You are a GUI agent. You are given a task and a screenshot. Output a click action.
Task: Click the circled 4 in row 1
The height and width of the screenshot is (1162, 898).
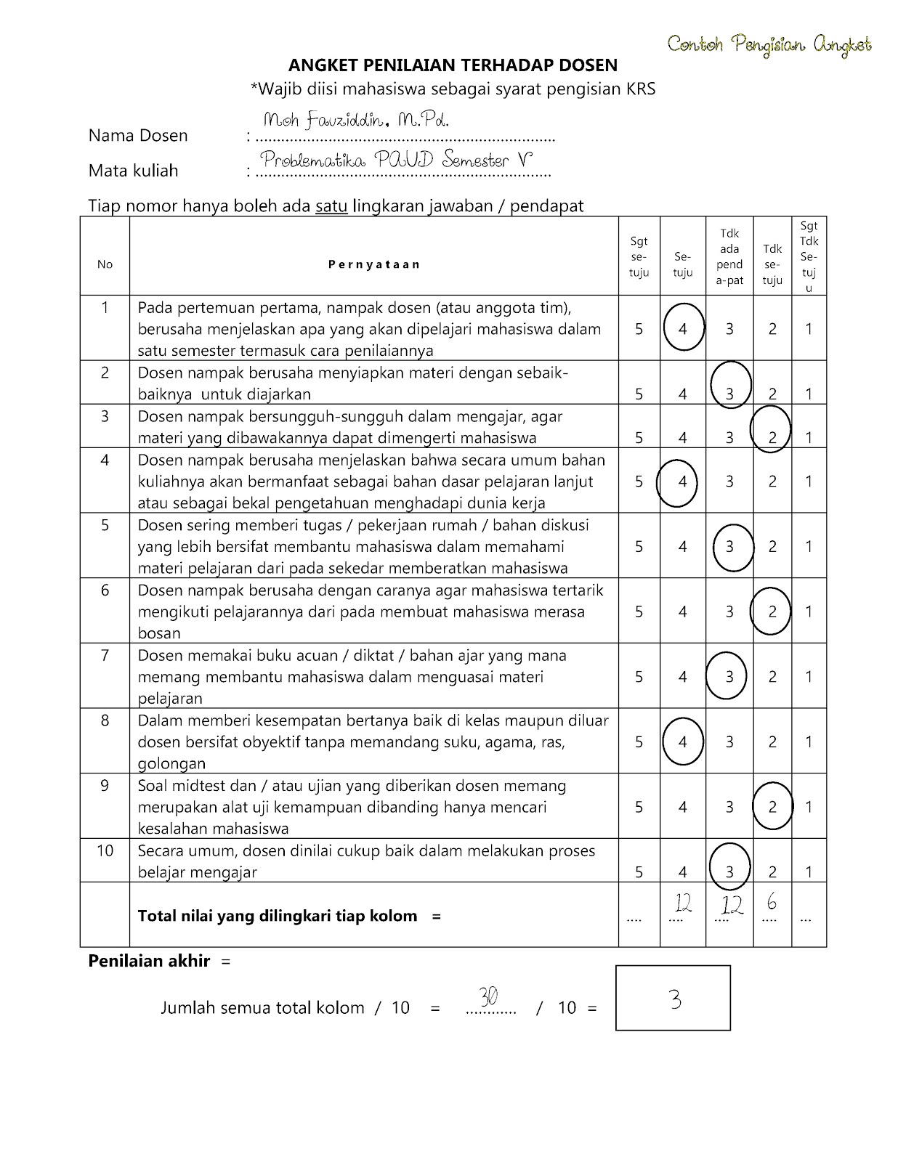(683, 329)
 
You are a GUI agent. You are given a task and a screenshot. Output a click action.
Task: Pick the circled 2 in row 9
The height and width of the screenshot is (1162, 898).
(772, 807)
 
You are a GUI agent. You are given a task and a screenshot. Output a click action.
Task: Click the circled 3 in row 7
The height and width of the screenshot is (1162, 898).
(729, 677)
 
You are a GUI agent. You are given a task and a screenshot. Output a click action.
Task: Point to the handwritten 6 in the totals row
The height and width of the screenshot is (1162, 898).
(772, 902)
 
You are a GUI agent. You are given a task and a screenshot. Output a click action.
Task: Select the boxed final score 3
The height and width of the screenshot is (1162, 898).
(675, 1001)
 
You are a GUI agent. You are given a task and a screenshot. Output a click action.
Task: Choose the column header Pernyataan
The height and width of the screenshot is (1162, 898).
(373, 264)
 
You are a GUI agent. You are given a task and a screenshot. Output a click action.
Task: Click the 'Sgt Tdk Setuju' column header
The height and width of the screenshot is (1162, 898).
(809, 256)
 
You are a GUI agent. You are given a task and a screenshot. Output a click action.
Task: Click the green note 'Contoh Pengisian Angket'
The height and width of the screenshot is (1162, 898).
(769, 45)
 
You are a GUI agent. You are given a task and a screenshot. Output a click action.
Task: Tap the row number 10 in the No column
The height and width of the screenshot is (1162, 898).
(105, 850)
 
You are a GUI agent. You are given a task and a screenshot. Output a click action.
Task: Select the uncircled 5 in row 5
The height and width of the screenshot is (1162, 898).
(639, 546)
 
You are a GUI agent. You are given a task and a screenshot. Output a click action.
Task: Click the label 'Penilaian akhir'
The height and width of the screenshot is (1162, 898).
(149, 961)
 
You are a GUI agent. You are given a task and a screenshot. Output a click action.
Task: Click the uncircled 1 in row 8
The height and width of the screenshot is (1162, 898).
(809, 742)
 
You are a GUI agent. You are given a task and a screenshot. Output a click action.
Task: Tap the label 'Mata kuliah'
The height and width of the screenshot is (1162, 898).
(133, 171)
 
